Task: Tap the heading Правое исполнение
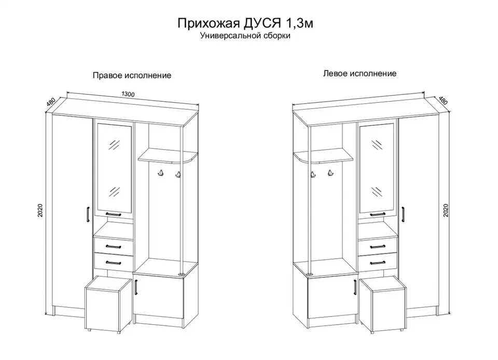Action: [x=132, y=75]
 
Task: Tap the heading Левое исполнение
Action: [x=360, y=74]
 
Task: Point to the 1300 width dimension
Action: [x=128, y=94]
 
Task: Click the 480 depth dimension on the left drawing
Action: [x=51, y=102]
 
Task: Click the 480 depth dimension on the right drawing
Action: [x=442, y=100]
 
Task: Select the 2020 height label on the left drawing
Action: [x=40, y=211]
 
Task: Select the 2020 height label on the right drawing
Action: [x=446, y=210]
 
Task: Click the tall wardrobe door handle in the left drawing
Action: [x=88, y=216]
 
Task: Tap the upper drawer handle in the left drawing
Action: [x=113, y=247]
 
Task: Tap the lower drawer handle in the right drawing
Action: [x=378, y=262]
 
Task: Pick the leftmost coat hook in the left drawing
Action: [x=161, y=173]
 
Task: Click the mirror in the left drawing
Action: [x=115, y=168]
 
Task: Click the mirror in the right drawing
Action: [x=377, y=168]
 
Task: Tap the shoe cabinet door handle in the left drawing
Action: [x=136, y=287]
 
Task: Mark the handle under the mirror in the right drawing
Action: [x=378, y=215]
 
